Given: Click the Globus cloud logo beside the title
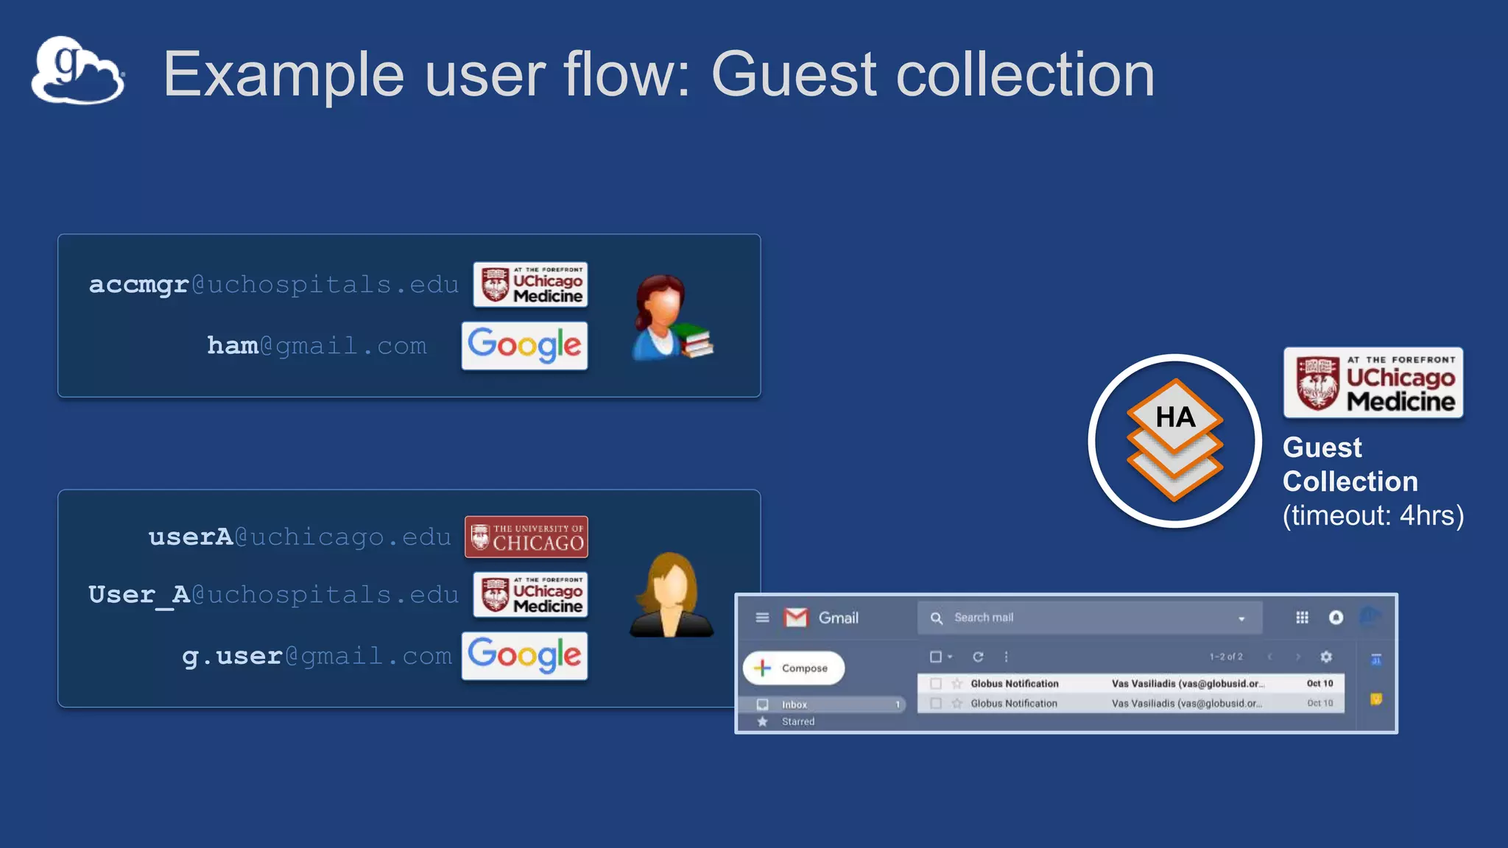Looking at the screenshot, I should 78,71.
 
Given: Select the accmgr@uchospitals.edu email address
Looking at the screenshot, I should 273,285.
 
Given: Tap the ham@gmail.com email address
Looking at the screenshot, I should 317,346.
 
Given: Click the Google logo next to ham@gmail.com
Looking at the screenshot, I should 524,345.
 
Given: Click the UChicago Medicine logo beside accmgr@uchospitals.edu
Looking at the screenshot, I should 530,285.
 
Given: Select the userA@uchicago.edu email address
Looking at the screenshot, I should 300,537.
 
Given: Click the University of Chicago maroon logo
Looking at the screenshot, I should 526,537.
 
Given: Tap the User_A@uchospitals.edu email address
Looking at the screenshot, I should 273,595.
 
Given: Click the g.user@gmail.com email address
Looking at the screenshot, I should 317,656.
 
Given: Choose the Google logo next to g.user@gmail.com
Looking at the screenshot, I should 524,655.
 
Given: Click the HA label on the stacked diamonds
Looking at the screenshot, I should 1175,417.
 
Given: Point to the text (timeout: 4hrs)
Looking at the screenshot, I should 1373,515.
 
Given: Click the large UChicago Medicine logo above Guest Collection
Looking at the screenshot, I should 1373,383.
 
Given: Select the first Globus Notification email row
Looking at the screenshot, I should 1130,684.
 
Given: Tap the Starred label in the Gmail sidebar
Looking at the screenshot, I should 798,721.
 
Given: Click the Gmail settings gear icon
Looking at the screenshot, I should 1326,657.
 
